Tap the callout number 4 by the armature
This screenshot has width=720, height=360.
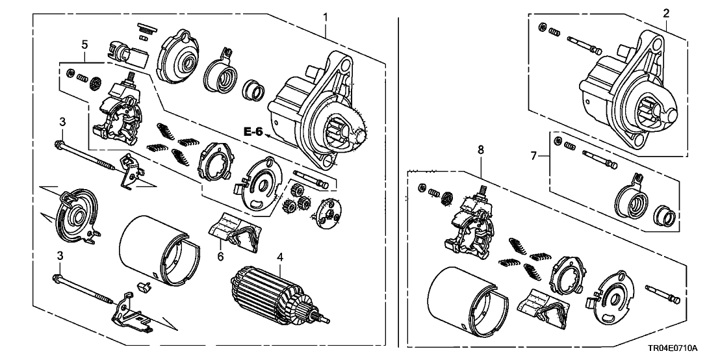click(280, 257)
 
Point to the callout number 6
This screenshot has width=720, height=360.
click(220, 257)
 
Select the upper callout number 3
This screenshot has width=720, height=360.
click(62, 122)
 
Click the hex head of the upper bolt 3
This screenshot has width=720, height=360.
click(59, 144)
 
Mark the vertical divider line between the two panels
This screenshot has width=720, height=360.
click(398, 182)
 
